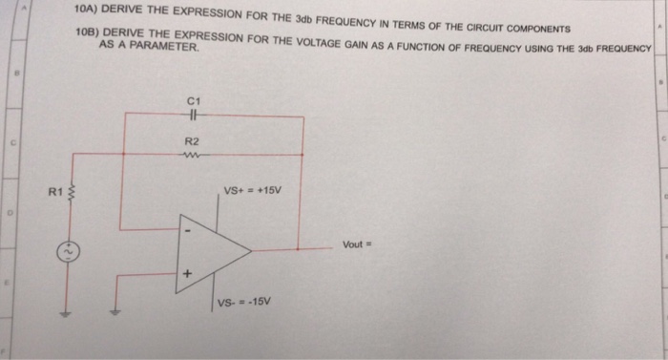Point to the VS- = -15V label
pos(244,303)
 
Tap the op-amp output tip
pos(250,251)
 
